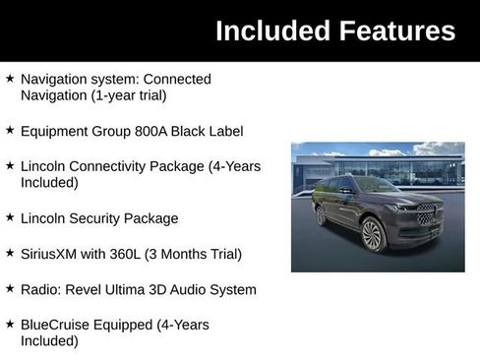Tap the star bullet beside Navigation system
click(10, 78)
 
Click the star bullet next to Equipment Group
click(10, 131)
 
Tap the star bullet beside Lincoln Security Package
click(10, 218)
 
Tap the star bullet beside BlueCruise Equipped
click(10, 325)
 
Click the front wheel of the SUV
click(372, 235)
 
